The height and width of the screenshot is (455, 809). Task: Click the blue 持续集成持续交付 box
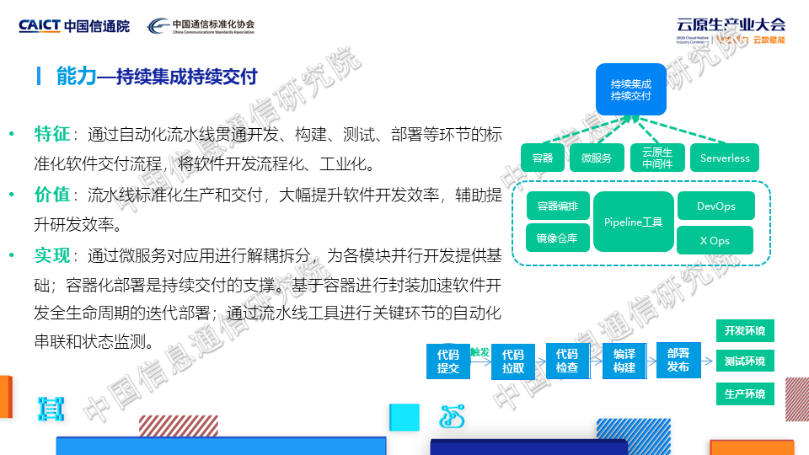[x=630, y=89]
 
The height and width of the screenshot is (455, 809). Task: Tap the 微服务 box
[x=597, y=158]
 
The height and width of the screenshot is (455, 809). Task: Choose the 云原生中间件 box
[x=657, y=158]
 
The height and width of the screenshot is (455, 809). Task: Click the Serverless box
[x=725, y=158]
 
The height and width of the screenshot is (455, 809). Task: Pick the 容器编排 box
[x=557, y=206]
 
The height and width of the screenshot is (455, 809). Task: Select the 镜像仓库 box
[x=557, y=238]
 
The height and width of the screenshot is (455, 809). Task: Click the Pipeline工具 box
[x=634, y=222]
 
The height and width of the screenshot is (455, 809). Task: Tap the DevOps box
[x=716, y=206]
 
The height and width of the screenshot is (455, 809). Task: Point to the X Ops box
[x=715, y=240]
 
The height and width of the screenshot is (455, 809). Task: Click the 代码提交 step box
[x=447, y=361]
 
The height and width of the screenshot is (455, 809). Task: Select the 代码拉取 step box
[x=513, y=361]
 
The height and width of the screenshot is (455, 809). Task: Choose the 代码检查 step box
[x=567, y=361]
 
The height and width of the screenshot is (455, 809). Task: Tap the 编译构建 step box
[x=624, y=361]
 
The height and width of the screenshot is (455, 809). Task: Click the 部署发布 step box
[x=678, y=360]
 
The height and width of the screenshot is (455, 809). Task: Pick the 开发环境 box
[x=745, y=330]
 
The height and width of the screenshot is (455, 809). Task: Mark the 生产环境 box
[x=745, y=393]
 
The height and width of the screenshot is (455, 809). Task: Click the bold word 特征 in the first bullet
[x=51, y=134]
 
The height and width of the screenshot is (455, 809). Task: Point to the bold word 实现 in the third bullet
[x=51, y=255]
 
